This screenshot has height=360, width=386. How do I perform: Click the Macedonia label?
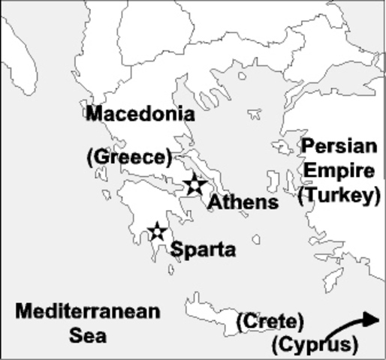pyautogui.click(x=140, y=115)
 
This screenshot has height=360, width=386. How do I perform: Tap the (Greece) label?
pyautogui.click(x=130, y=157)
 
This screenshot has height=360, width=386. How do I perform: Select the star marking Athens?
pyautogui.click(x=195, y=184)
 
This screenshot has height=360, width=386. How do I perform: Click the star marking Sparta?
pyautogui.click(x=156, y=231)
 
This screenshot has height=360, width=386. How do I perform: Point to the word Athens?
pyautogui.click(x=243, y=202)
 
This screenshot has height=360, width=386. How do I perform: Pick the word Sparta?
pyautogui.click(x=204, y=250)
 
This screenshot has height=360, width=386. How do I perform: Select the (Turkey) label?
pyautogui.click(x=335, y=196)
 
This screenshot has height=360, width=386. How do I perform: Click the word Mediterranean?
pyautogui.click(x=87, y=310)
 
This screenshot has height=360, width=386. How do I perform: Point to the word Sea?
pyautogui.click(x=88, y=336)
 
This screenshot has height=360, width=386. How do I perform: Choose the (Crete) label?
pyautogui.click(x=270, y=322)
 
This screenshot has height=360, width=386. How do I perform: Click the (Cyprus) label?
pyautogui.click(x=313, y=346)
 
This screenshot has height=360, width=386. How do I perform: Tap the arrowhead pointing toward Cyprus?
pyautogui.click(x=372, y=319)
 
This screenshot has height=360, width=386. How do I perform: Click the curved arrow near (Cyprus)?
pyautogui.click(x=353, y=326)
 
